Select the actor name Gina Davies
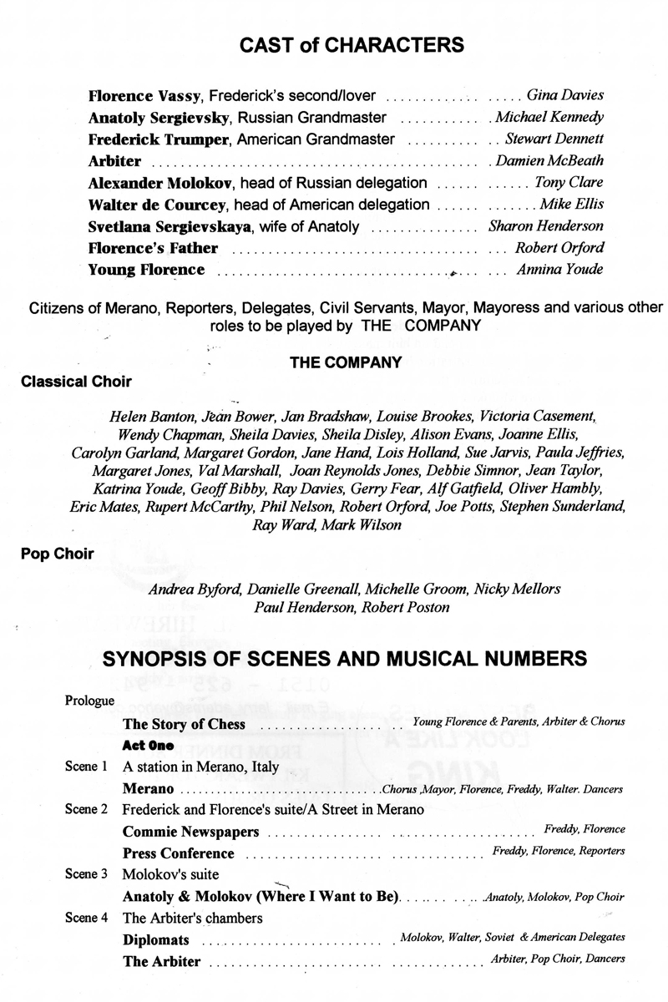[565, 95]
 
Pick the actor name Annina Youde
[562, 270]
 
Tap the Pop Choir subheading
[52, 554]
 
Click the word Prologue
[89, 701]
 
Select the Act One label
[152, 745]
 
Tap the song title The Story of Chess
[184, 723]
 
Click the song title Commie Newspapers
[190, 832]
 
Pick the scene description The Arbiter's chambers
[192, 918]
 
